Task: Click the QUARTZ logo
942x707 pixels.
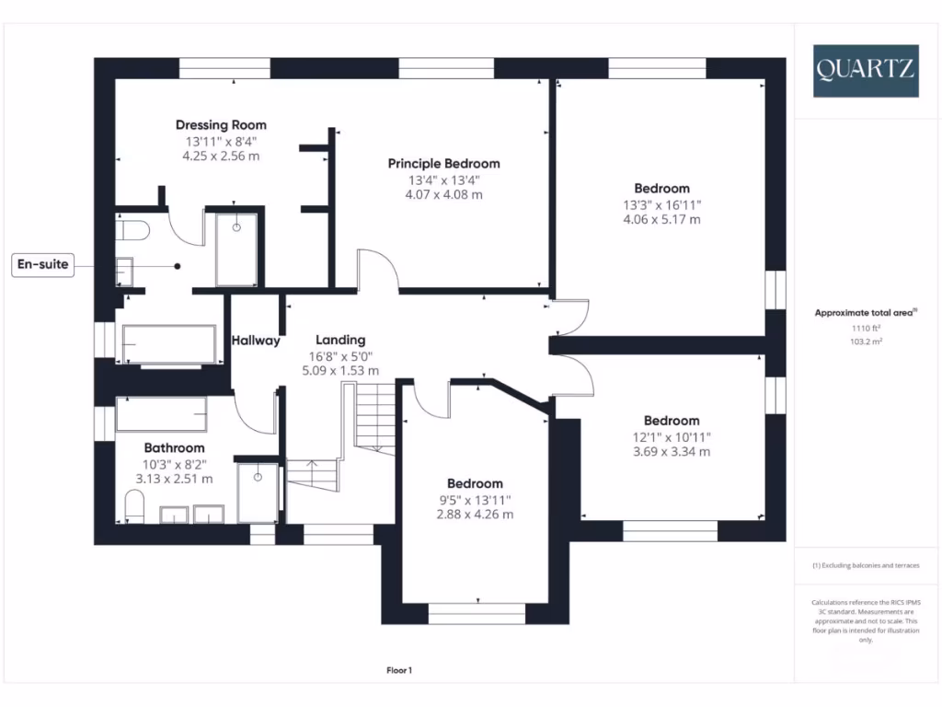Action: pyautogui.click(x=865, y=71)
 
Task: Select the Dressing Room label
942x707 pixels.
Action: pyautogui.click(x=221, y=125)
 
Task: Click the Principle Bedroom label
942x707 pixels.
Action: pyautogui.click(x=443, y=164)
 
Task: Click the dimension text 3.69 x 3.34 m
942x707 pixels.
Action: pyautogui.click(x=671, y=452)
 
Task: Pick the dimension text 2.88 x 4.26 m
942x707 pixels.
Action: pyautogui.click(x=475, y=515)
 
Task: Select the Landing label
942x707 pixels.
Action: pyautogui.click(x=340, y=340)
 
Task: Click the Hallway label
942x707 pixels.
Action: pyautogui.click(x=256, y=341)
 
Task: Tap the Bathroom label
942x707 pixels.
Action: pyautogui.click(x=174, y=448)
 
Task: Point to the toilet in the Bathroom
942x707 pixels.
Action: pyautogui.click(x=134, y=505)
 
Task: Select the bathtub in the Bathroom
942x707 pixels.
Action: pyautogui.click(x=160, y=415)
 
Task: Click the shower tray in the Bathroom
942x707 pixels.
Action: pyautogui.click(x=257, y=493)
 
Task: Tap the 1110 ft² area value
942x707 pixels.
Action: pyautogui.click(x=865, y=328)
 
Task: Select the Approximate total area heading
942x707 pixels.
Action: pyautogui.click(x=865, y=313)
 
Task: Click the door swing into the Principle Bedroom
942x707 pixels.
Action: pyautogui.click(x=377, y=272)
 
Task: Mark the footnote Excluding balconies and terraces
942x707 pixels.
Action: pyautogui.click(x=865, y=565)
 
